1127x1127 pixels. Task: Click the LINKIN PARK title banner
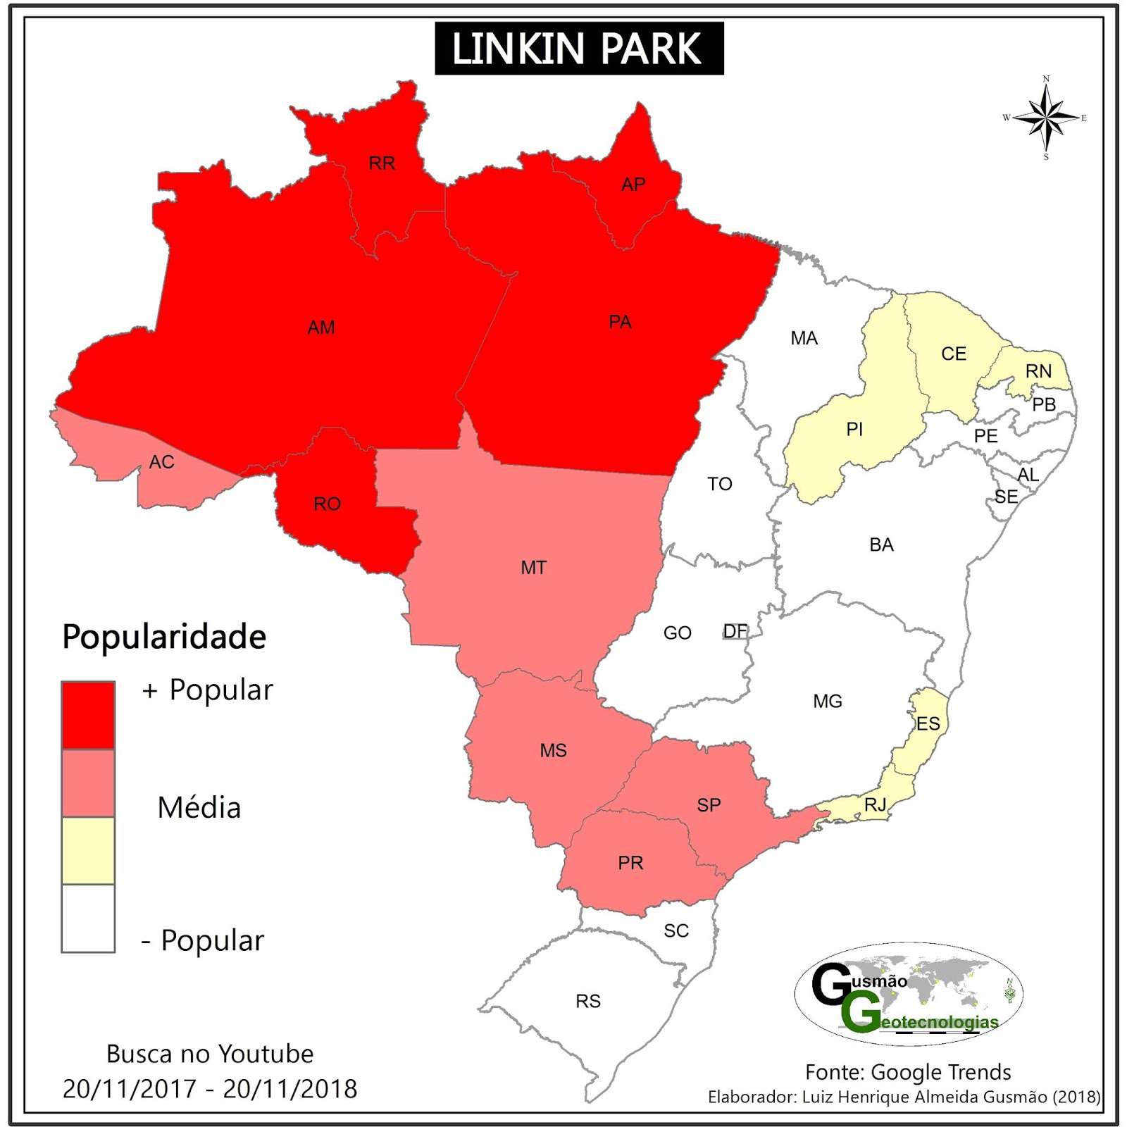pos(579,49)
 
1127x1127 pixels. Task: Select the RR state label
pos(382,163)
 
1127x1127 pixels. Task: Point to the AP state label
pos(633,185)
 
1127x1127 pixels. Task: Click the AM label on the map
pos(321,328)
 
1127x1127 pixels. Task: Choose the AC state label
pos(161,462)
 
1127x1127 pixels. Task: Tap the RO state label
pos(327,504)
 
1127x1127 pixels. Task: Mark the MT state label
pos(533,568)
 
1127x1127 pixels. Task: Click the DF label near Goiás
pos(735,631)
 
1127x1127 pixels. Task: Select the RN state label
pos(1038,371)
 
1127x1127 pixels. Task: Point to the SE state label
pos(1006,497)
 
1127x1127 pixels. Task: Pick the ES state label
pos(928,723)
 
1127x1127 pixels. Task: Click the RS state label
pos(588,1001)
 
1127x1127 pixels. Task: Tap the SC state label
pos(675,930)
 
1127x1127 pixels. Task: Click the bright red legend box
pos(88,715)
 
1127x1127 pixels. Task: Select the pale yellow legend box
pos(88,850)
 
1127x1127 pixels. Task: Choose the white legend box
pos(88,918)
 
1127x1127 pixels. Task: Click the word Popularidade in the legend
pos(164,637)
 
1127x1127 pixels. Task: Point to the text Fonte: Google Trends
pos(907,1072)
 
